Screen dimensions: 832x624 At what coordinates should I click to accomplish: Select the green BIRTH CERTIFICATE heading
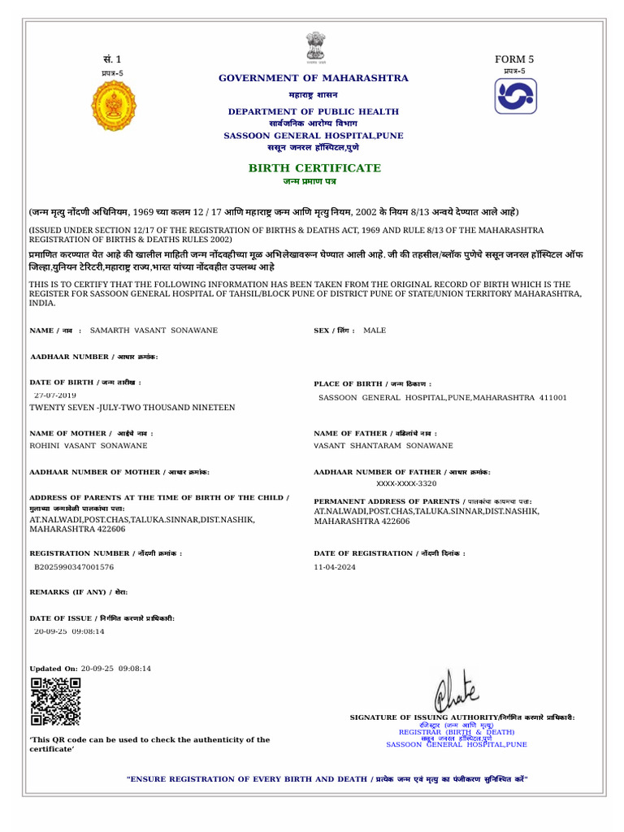[314, 168]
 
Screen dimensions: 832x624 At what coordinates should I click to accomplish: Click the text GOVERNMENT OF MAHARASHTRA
[314, 78]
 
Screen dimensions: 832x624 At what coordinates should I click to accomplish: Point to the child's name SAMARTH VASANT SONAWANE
[154, 331]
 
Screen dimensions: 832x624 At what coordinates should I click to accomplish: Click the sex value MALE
[375, 331]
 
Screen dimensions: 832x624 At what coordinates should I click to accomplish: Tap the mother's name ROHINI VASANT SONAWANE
[89, 446]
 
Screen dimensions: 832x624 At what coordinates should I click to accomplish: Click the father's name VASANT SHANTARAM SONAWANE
[383, 446]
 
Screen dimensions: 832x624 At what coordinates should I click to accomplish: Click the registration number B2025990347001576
[73, 567]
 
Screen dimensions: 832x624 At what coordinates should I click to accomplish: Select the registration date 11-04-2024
[335, 567]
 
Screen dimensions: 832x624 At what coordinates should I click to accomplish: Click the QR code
[55, 701]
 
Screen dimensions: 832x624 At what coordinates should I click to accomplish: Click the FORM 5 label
[514, 59]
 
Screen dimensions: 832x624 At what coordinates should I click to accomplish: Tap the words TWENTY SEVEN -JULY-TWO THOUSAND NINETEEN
[132, 407]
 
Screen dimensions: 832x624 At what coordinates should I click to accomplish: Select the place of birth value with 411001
[443, 398]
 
